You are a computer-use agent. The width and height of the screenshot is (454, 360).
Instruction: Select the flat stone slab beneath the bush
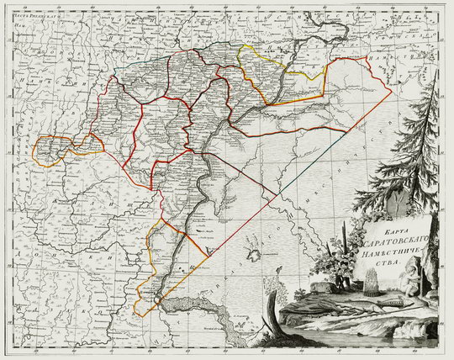(324, 286)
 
